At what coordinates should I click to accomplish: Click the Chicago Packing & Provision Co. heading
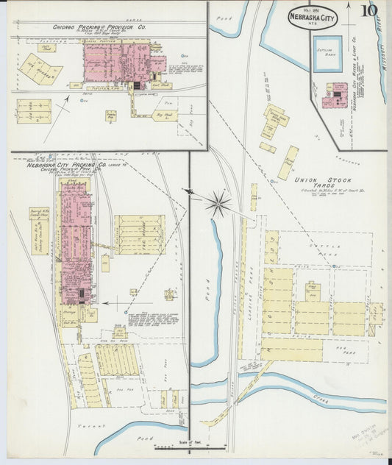(x=99, y=26)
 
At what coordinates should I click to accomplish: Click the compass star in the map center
(x=218, y=203)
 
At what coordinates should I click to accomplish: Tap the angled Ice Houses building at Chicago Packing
(x=41, y=68)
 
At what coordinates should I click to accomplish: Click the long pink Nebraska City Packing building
(x=76, y=243)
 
